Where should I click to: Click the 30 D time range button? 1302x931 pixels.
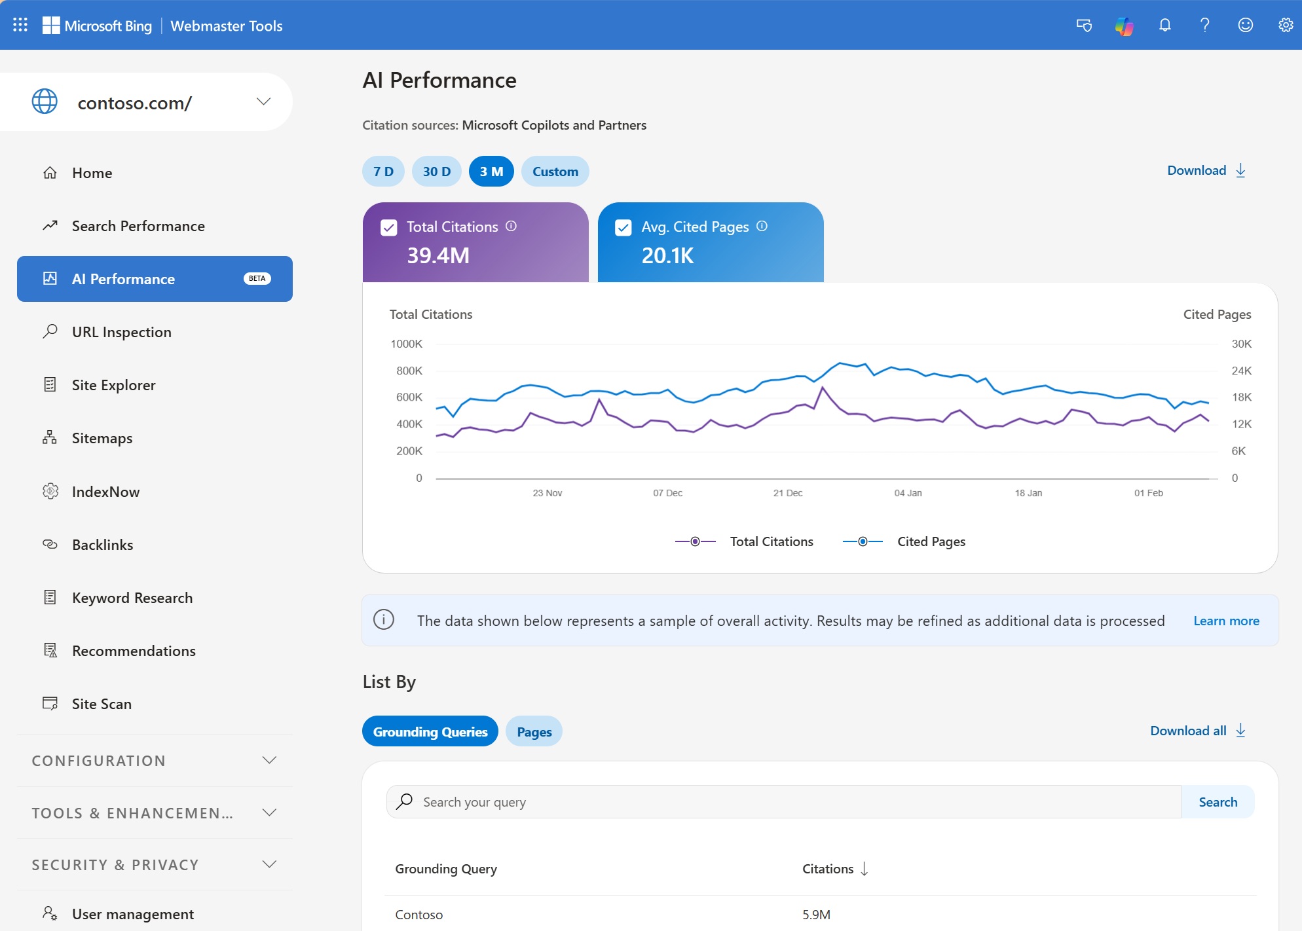click(436, 172)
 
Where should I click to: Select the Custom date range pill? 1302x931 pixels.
click(555, 172)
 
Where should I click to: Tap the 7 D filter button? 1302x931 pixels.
click(383, 172)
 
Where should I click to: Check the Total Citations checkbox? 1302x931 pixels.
click(389, 227)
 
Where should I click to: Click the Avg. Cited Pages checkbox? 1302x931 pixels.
click(623, 227)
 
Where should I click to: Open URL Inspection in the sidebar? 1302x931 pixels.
click(121, 332)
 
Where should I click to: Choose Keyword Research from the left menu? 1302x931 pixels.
click(132, 598)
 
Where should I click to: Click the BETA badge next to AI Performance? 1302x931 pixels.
click(257, 279)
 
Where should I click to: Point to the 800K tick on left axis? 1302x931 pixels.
click(409, 371)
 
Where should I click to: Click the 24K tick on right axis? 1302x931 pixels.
click(1241, 371)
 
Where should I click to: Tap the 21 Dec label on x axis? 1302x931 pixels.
click(787, 493)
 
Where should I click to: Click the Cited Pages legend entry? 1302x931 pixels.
click(931, 541)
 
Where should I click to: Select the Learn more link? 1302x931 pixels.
click(1226, 621)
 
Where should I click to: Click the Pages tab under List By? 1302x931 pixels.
click(534, 732)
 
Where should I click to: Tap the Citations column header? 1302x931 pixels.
click(828, 869)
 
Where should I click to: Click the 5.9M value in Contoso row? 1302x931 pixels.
click(816, 915)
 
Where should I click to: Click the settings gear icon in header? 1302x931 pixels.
click(1285, 25)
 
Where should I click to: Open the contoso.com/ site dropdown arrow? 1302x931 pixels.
click(263, 101)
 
